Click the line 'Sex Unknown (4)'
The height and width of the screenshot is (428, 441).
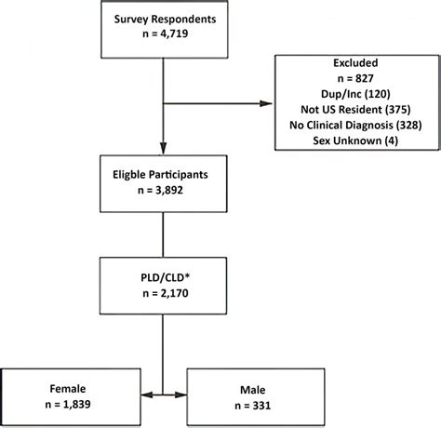[357, 144]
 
